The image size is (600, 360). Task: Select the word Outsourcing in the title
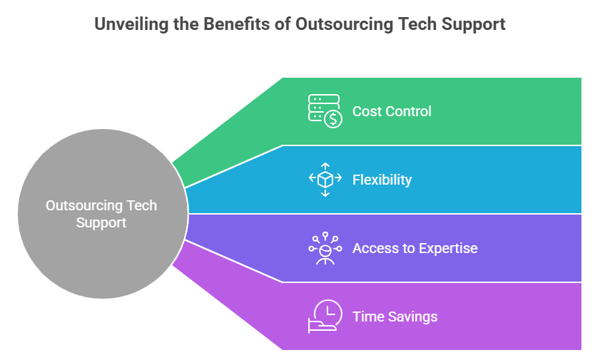[x=344, y=24]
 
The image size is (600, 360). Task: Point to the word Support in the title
[x=473, y=25]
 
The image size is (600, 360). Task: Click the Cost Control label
[x=392, y=112]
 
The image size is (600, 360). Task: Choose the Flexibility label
[x=382, y=180]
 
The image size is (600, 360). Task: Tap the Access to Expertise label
[x=415, y=248]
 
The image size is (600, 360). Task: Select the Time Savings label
[x=395, y=317]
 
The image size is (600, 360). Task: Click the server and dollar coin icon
[x=325, y=111]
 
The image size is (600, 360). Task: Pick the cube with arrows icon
[x=325, y=180]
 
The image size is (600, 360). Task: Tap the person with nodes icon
[x=325, y=248]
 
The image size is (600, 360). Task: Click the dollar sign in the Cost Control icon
[x=333, y=119]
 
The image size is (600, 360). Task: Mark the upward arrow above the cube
[x=325, y=167]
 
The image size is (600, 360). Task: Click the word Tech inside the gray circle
[x=142, y=205]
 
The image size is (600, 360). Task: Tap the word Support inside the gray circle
[x=101, y=223]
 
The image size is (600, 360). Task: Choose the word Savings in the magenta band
[x=412, y=317]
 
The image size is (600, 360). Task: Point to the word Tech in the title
[x=417, y=24]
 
